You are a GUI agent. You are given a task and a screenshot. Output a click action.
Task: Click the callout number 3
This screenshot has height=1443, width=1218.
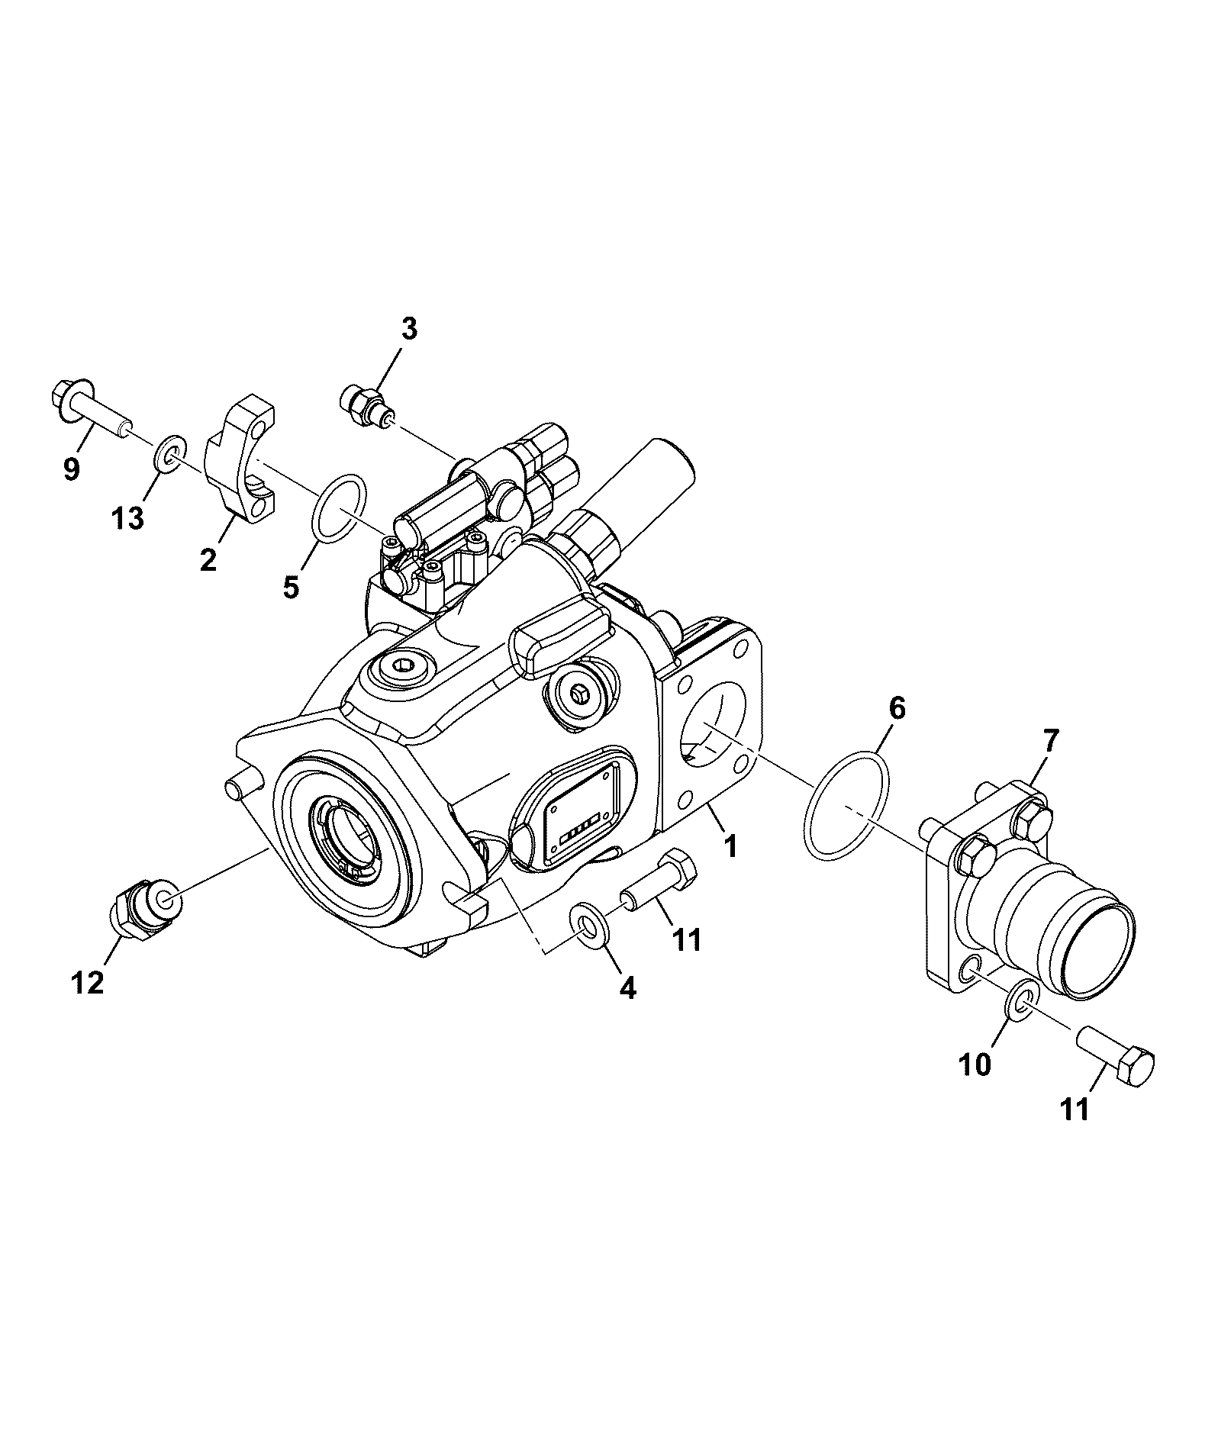(x=409, y=329)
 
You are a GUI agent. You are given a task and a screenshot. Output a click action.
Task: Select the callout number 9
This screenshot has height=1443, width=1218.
(x=71, y=469)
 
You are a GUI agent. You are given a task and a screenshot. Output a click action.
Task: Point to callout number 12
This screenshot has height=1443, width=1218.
(x=88, y=983)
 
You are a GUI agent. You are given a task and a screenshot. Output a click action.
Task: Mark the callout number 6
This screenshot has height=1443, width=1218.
(x=897, y=708)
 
